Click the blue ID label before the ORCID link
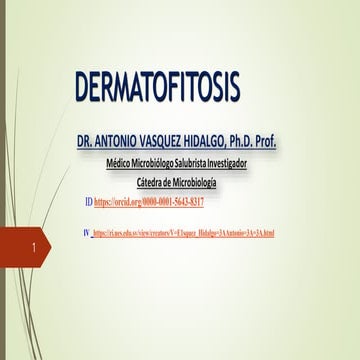point(89,202)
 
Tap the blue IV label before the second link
point(86,232)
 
